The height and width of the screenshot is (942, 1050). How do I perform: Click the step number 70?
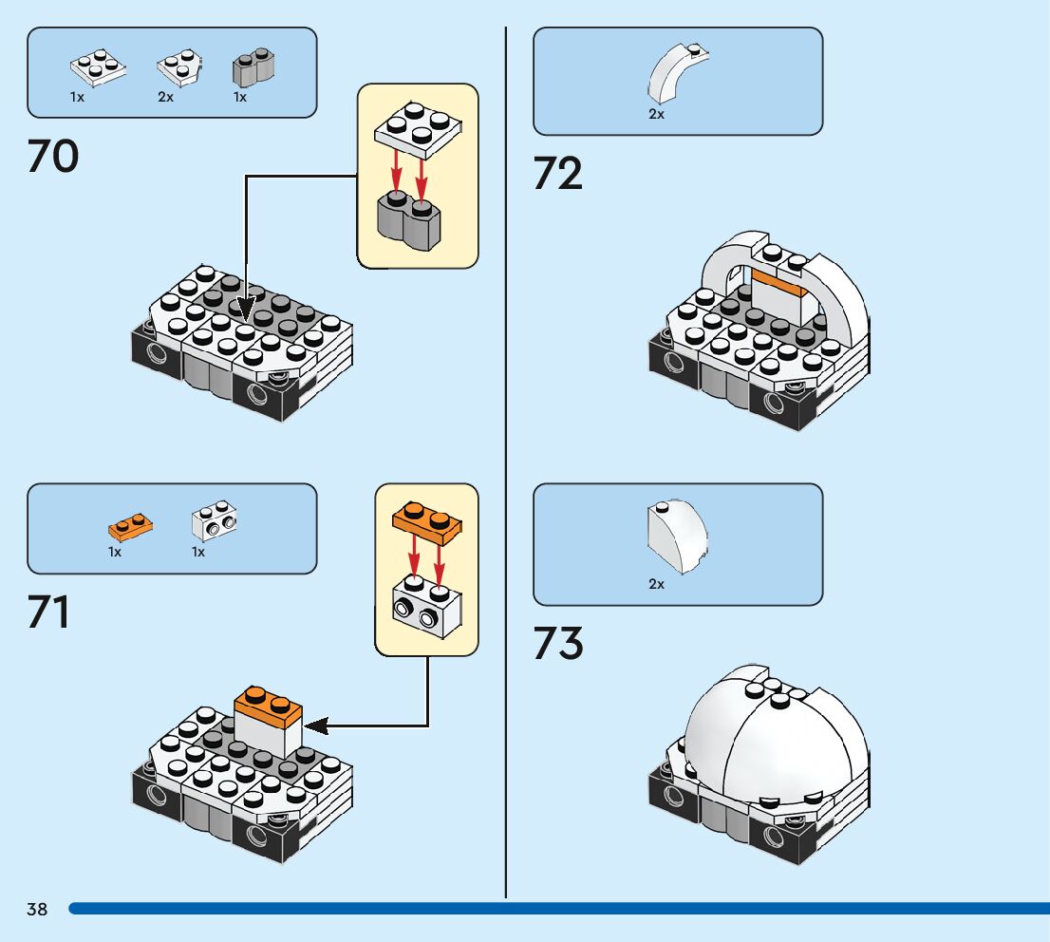click(53, 157)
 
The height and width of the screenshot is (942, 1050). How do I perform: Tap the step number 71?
click(49, 612)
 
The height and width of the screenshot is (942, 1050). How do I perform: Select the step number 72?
click(558, 174)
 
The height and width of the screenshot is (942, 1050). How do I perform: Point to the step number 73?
click(558, 643)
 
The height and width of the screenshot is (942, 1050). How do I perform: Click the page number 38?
click(37, 910)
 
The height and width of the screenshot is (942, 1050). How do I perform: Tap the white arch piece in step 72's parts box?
click(675, 73)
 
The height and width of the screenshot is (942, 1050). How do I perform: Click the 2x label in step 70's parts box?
click(166, 97)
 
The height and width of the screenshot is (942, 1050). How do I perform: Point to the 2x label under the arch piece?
click(656, 114)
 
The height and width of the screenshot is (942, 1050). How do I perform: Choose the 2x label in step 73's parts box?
click(656, 584)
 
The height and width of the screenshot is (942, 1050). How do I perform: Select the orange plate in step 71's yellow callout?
click(426, 521)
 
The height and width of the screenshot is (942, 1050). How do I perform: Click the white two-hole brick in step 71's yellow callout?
click(426, 607)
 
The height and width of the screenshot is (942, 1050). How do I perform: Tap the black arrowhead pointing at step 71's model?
click(316, 726)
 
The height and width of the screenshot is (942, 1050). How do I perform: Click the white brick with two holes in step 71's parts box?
click(216, 520)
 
